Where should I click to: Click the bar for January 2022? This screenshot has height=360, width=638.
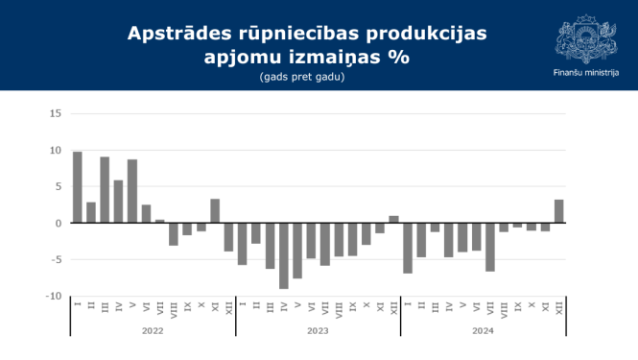[78, 187]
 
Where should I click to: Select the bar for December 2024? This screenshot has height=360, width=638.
[558, 211]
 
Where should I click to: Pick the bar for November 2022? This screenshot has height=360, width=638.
[215, 211]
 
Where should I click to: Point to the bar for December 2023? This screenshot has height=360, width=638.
[393, 220]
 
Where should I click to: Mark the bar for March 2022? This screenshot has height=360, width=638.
[105, 190]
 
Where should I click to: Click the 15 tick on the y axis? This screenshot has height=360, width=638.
[56, 114]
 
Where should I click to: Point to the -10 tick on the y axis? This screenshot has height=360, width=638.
[54, 297]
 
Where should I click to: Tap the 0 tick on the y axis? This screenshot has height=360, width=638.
[59, 224]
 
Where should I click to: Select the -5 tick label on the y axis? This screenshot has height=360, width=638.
[56, 260]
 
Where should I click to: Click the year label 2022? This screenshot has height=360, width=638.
[153, 330]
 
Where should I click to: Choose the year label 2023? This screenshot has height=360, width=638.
[318, 330]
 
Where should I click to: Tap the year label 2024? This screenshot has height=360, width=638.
[483, 330]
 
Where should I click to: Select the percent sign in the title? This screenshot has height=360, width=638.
[397, 58]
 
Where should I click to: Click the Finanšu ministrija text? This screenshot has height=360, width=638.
[585, 73]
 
